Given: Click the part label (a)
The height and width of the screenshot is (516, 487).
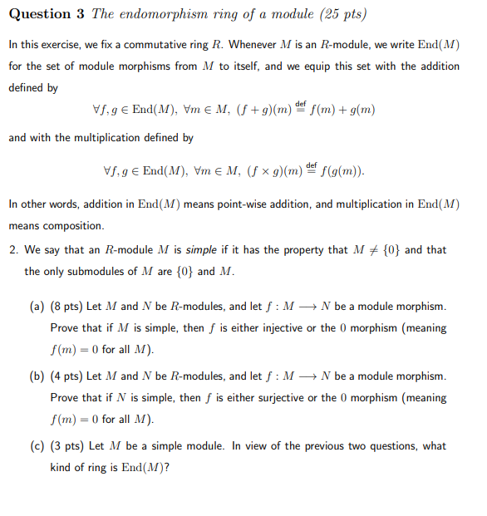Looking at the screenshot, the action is (37, 307).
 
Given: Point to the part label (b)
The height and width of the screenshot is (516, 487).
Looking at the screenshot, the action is (37, 376).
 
